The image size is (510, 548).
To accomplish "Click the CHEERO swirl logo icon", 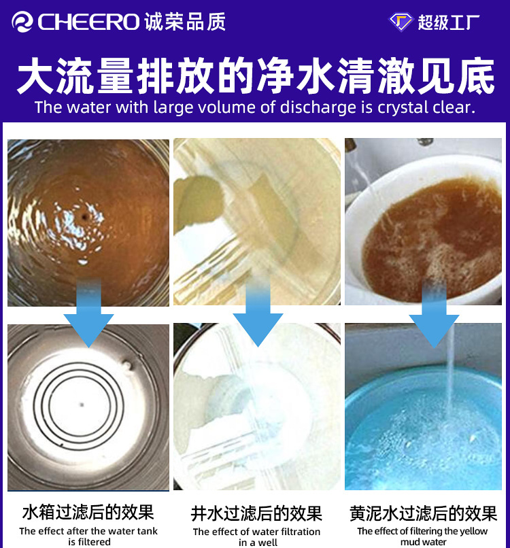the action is click(x=22, y=22).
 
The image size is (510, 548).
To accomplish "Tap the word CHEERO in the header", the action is click(x=89, y=22).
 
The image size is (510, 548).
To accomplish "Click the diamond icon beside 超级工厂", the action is click(x=401, y=22).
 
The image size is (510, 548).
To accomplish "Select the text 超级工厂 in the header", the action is click(x=449, y=22).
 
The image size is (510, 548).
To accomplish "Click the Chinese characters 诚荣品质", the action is click(x=185, y=22).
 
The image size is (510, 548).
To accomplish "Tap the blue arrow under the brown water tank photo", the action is click(x=88, y=313).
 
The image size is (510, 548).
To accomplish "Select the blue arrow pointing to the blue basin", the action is click(x=434, y=313).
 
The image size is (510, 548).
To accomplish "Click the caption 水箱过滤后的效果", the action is click(x=88, y=512).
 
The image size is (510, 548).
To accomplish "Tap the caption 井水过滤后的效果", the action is click(x=256, y=513).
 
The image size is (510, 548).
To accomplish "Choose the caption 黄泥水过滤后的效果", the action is click(x=424, y=513).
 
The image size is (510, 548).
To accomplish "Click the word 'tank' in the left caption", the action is click(x=148, y=531).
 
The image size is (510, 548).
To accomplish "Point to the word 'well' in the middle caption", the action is click(x=268, y=543).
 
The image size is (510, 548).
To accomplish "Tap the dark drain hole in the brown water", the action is click(x=84, y=218).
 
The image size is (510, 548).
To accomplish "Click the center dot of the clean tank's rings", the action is click(x=82, y=405).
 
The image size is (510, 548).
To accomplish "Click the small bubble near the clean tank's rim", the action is click(x=126, y=366).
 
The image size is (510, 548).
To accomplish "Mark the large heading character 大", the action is click(x=37, y=75).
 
